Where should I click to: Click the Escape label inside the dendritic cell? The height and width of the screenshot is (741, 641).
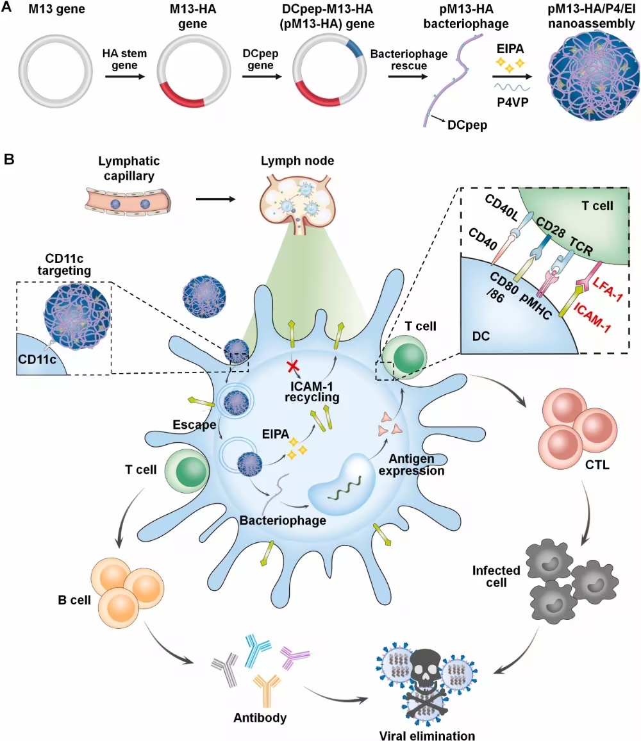pos(194,424)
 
